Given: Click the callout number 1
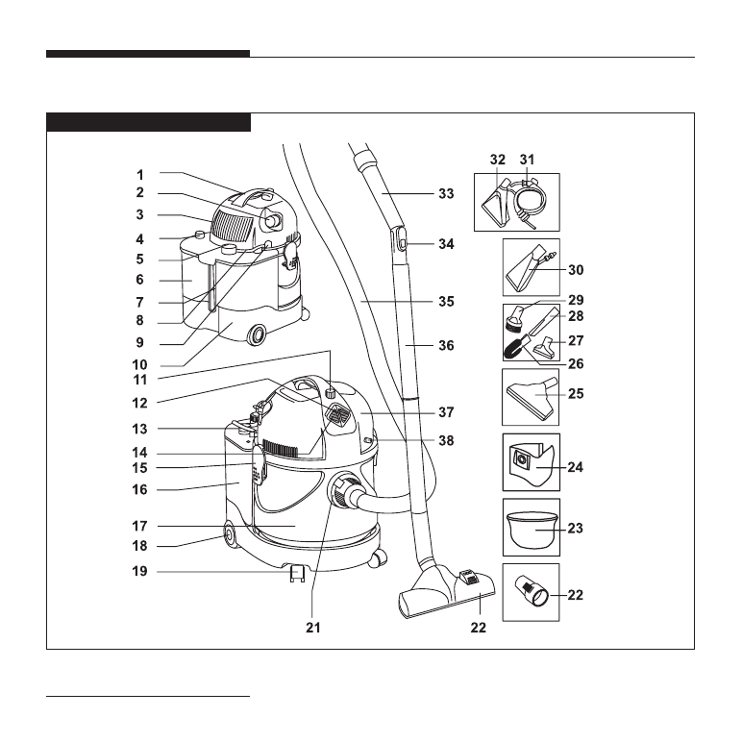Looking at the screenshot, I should pos(139,175).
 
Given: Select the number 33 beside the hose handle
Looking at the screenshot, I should pos(445,194).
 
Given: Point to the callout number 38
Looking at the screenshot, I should pos(445,441).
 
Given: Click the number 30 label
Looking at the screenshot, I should pos(575,270).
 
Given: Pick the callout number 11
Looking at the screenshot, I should pos(140,380).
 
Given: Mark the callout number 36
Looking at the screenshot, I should pos(445,345).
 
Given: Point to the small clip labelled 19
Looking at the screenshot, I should pos(297,574).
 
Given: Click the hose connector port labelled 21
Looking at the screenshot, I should pos(342,492).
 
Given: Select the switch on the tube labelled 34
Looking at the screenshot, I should pos(399,245).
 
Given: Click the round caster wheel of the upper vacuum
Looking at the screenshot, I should pos(258,335).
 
